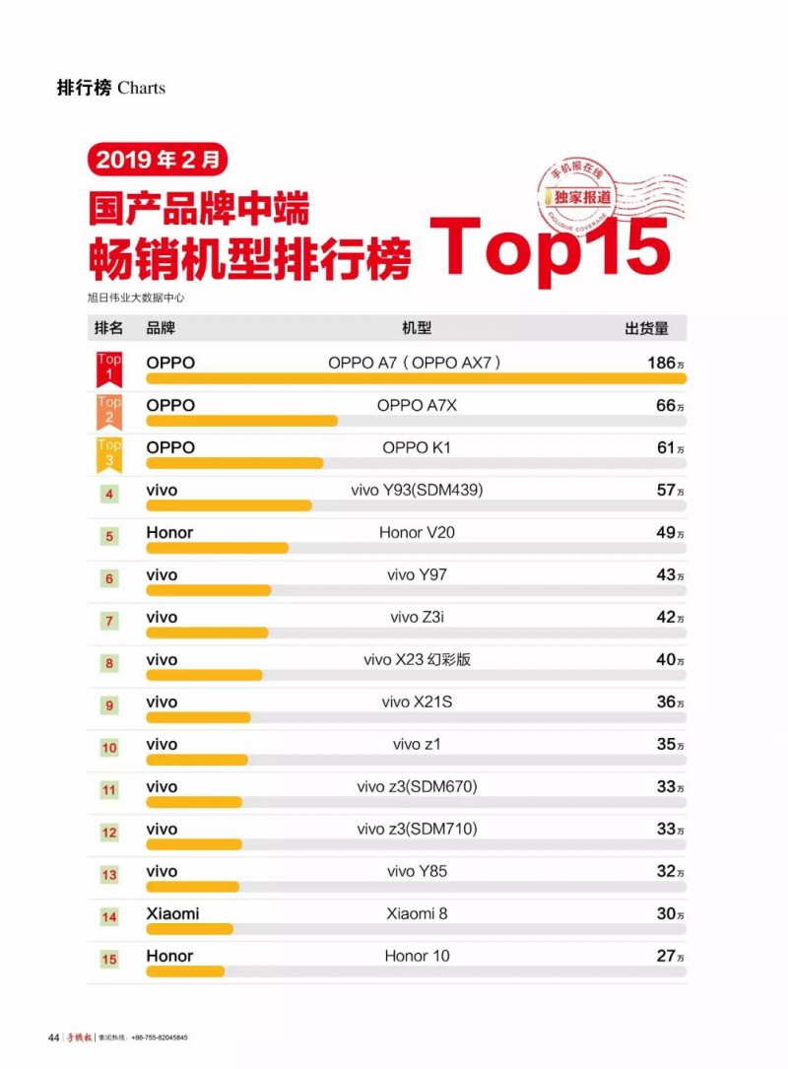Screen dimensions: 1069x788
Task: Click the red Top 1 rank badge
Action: [109, 367]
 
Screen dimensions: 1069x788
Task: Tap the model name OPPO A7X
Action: [417, 405]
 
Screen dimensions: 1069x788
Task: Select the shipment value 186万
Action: [665, 363]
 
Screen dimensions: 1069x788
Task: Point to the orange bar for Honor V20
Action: [217, 548]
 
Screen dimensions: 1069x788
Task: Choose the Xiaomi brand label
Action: [172, 913]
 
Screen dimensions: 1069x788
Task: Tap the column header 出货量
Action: [647, 328]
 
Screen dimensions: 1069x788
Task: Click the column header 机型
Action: [417, 328]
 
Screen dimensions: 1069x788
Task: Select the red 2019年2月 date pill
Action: [158, 158]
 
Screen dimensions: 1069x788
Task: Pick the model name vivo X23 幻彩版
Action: [417, 659]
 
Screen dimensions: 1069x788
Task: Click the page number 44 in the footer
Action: [53, 1037]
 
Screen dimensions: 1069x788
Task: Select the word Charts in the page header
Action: [141, 88]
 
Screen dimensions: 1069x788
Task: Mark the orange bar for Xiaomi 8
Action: [189, 929]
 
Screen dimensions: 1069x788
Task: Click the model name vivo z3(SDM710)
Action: [417, 829]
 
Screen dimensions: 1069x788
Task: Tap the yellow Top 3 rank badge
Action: [109, 451]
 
